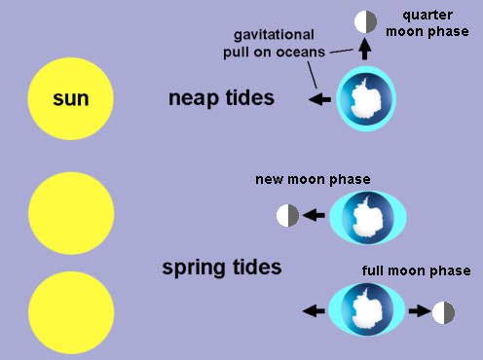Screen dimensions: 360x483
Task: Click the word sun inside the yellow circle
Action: (71, 98)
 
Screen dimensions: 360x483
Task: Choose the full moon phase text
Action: (416, 270)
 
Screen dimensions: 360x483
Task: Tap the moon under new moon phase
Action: (287, 216)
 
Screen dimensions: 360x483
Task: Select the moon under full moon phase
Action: (444, 312)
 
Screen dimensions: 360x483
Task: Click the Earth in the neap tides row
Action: (365, 99)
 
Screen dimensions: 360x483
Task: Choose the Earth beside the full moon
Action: (366, 311)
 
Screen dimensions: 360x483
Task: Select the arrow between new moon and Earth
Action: (314, 216)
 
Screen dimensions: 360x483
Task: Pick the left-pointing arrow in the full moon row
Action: (314, 312)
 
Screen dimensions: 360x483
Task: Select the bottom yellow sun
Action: (71, 312)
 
